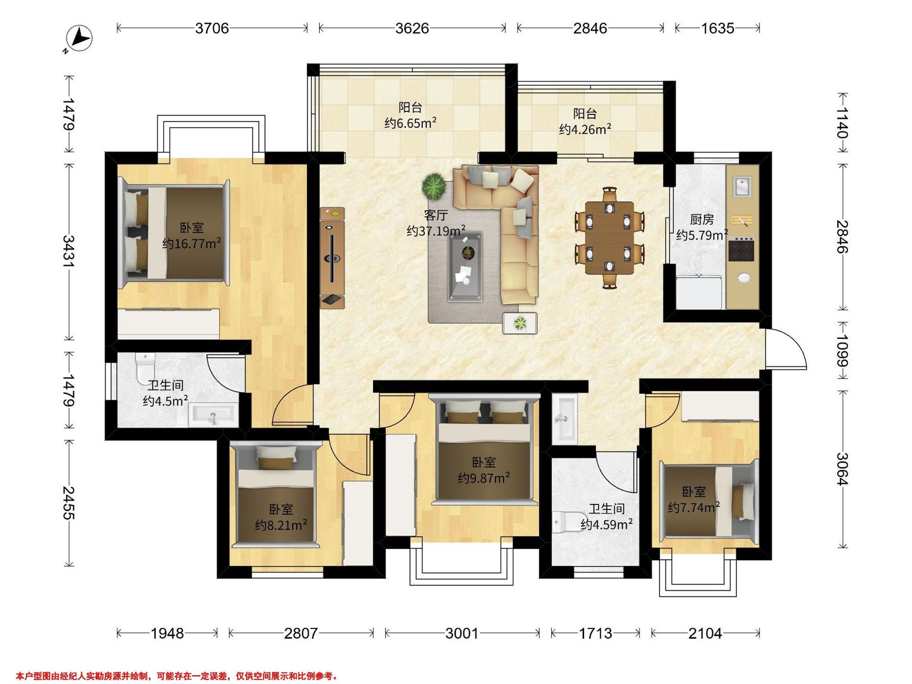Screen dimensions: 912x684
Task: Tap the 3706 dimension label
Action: coord(212,28)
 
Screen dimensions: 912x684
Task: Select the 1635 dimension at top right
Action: coord(718,28)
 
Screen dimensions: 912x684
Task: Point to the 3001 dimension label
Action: coord(462,633)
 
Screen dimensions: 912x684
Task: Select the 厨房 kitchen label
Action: coord(702,219)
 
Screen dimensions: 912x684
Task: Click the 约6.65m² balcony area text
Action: coord(410,123)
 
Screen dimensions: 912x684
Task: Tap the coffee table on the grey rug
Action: coord(465,267)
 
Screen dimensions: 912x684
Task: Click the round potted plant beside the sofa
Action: coord(434,186)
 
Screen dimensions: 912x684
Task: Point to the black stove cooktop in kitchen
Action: coord(741,249)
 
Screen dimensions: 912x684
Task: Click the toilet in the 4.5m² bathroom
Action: coord(144,366)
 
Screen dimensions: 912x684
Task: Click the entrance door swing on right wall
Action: coord(786,348)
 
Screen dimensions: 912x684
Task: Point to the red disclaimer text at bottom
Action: coord(177,676)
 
